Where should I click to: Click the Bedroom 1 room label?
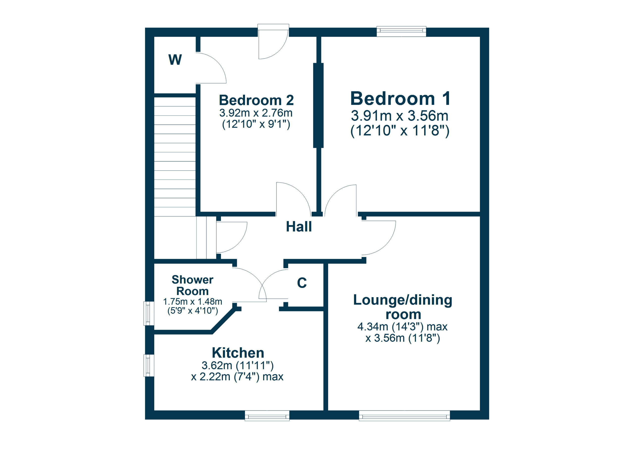pyautogui.click(x=400, y=99)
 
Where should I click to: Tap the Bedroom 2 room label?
pyautogui.click(x=256, y=100)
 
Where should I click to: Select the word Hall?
pyautogui.click(x=299, y=227)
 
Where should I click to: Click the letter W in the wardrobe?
pyautogui.click(x=175, y=60)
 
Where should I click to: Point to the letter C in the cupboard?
pyautogui.click(x=302, y=283)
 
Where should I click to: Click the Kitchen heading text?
pyautogui.click(x=238, y=353)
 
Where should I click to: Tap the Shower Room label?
pyautogui.click(x=192, y=285)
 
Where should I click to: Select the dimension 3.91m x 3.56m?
pyautogui.click(x=400, y=116)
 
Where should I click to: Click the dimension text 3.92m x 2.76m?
pyautogui.click(x=256, y=113)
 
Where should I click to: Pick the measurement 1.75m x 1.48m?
pyautogui.click(x=192, y=302)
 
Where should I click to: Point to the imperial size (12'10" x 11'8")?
pyautogui.click(x=400, y=130)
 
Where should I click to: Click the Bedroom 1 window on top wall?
pyautogui.click(x=401, y=31)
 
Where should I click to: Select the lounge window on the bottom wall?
pyautogui.click(x=404, y=415)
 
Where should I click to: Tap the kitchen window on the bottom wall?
pyautogui.click(x=267, y=415)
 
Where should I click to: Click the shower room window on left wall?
pyautogui.click(x=149, y=313)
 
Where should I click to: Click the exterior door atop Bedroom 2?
pyautogui.click(x=273, y=42)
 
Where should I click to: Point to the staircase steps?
pyautogui.click(x=175, y=156)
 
